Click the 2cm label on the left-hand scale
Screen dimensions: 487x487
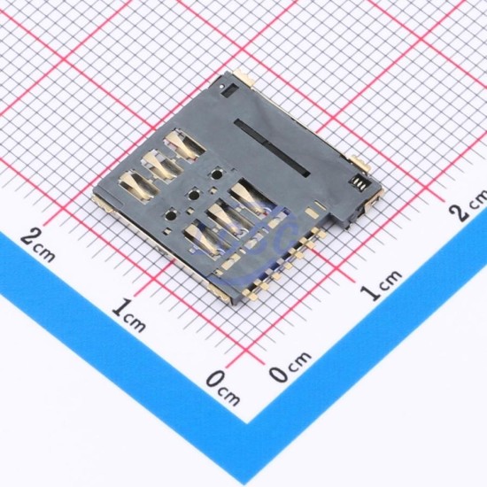pos(38,245)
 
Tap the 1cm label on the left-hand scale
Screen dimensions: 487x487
pos(128,314)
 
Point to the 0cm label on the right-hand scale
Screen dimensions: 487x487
pos(290,367)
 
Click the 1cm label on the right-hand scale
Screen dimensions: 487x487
pos(381,285)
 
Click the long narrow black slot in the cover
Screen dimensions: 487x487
pos(272,148)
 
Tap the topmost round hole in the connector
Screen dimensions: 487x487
pos(216,174)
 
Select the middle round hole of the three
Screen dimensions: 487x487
pos(194,196)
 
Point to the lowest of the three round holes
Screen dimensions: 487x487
pos(171,215)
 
